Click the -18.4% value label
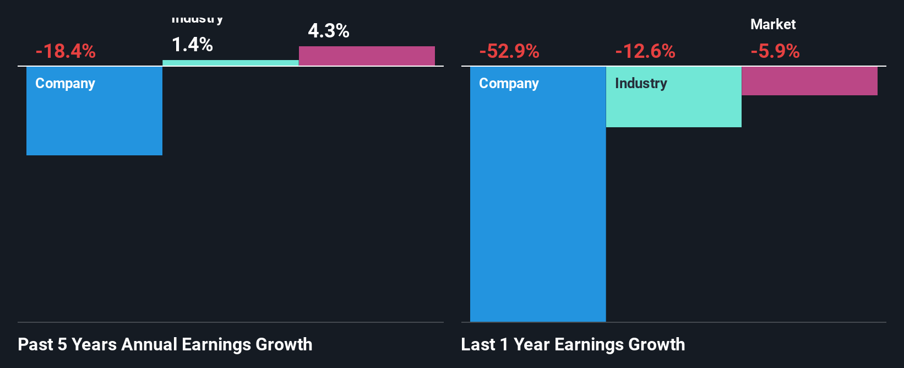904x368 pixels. (x=66, y=52)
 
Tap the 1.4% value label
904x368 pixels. (x=192, y=45)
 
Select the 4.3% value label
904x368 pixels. (x=329, y=31)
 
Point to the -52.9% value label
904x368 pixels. (x=509, y=52)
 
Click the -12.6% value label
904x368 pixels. (x=645, y=52)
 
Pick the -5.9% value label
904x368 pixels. (x=775, y=52)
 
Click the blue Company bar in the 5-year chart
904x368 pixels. (x=94, y=121)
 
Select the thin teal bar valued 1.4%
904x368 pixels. (x=231, y=63)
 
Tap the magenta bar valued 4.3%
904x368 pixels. (x=367, y=56)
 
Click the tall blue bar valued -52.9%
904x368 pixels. (x=538, y=209)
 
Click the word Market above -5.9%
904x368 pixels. (x=773, y=24)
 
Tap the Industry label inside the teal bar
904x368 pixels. (x=641, y=83)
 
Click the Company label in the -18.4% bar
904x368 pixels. (x=65, y=83)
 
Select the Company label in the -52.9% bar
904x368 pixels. (x=509, y=83)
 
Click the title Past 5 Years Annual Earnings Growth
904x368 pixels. (x=165, y=344)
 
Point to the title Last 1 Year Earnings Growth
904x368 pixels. (x=573, y=344)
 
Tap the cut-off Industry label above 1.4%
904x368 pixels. (x=197, y=20)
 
